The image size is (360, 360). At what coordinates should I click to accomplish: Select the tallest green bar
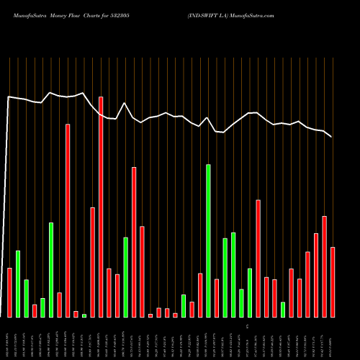(209, 240)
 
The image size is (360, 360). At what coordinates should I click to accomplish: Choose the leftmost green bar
(18, 284)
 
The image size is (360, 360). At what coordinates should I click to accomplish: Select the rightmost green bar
(283, 310)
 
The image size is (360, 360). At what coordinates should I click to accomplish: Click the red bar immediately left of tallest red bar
(92, 262)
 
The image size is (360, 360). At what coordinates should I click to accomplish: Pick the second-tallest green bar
(51, 270)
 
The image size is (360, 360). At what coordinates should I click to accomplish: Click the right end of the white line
(331, 136)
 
